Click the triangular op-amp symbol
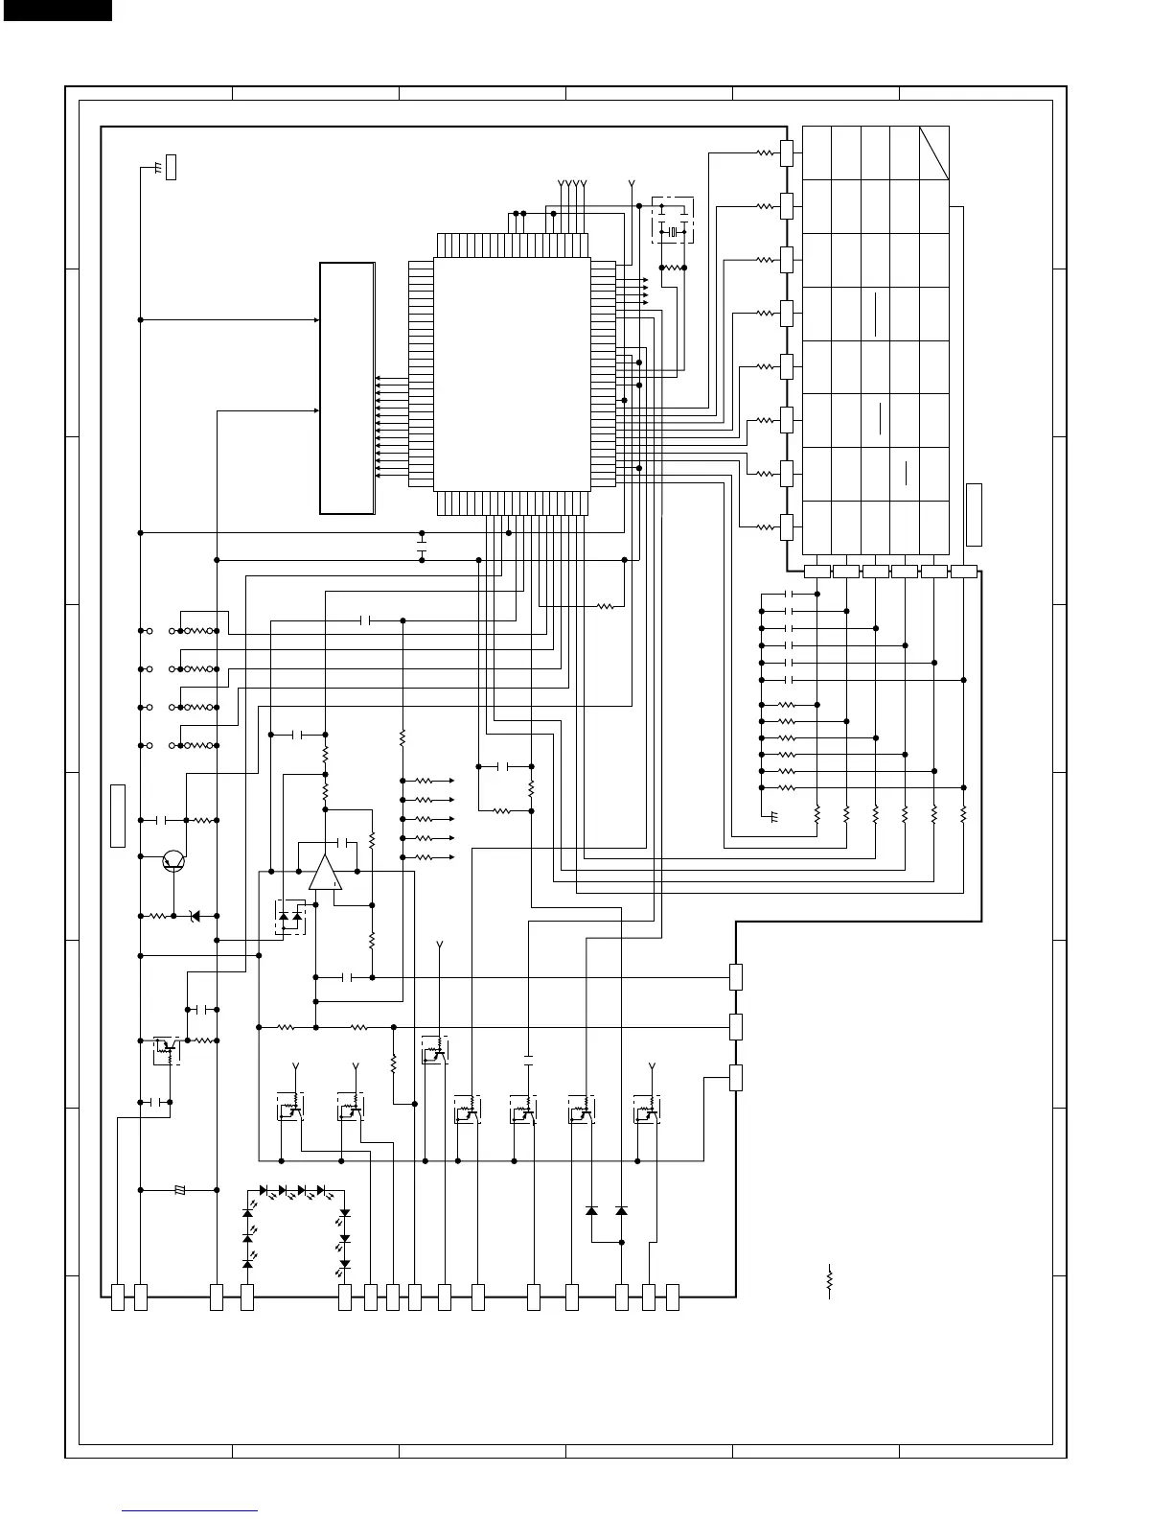325,873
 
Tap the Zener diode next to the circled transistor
196,916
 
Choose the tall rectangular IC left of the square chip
347,387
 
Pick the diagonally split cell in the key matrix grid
934,152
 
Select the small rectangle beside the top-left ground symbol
172,166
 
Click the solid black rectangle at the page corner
56,10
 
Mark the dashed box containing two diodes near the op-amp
289,918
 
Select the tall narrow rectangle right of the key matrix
974,515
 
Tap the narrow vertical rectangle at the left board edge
118,815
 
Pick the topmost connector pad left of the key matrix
787,152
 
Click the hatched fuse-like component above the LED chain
180,1190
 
